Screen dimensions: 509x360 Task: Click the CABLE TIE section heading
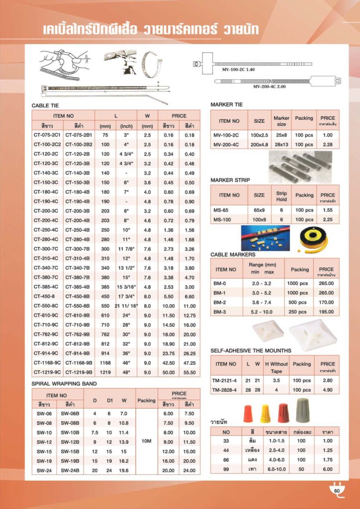45,105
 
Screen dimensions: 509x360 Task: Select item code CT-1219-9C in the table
47,372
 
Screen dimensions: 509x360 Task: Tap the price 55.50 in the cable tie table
189,372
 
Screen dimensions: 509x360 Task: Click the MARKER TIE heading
227,105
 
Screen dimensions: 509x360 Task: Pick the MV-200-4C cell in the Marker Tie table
226,145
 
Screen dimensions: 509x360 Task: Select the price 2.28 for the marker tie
328,145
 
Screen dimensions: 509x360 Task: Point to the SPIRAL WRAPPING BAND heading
64,384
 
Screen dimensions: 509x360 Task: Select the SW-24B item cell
70,470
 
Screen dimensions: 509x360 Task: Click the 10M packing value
146,441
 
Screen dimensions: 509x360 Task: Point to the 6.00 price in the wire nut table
327,469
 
